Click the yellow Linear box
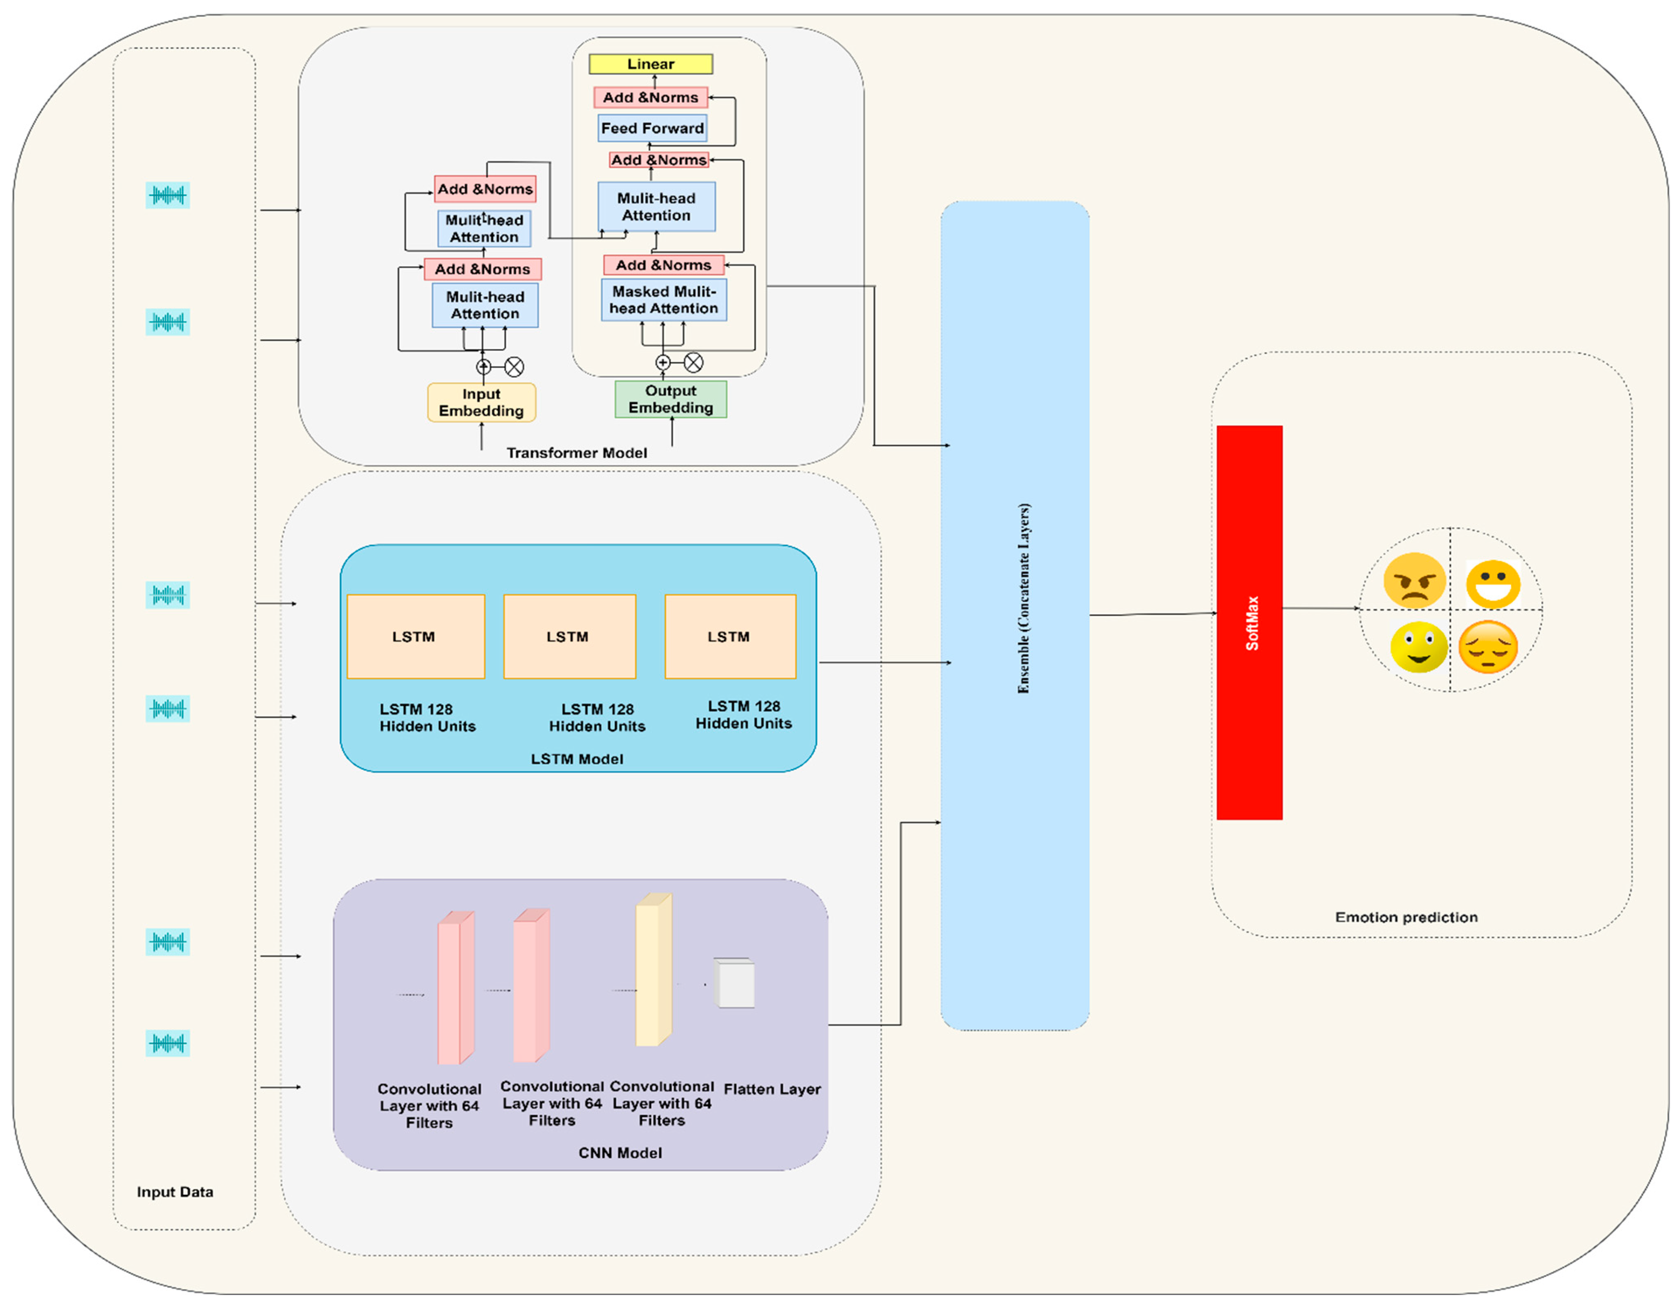(x=650, y=64)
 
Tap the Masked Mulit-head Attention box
(x=663, y=300)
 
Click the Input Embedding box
(x=481, y=402)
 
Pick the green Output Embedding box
(x=670, y=399)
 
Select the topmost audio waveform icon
(x=168, y=195)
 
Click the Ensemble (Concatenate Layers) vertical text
(x=1023, y=598)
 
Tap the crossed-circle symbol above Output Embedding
(x=693, y=362)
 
